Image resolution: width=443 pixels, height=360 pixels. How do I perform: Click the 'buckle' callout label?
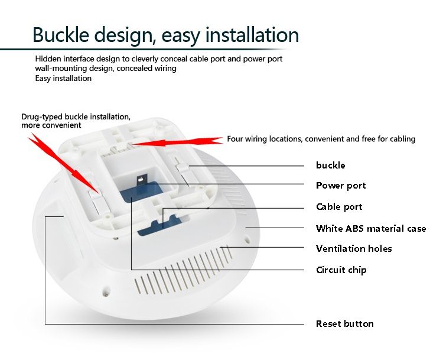[x=330, y=165]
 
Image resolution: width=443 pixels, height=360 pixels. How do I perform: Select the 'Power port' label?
[x=341, y=186]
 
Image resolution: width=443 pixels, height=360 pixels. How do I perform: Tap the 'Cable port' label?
[x=339, y=207]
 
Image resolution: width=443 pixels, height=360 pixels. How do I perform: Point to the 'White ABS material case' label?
[x=371, y=228]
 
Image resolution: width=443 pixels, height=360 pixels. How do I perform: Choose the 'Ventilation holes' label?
[x=354, y=249]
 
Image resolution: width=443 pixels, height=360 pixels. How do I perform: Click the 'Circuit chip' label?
[x=341, y=270]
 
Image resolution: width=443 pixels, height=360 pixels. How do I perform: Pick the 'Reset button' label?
[x=345, y=323]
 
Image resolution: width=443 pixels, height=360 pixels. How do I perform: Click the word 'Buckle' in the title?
[x=61, y=34]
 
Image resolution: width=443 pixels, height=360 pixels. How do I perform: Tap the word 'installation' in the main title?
[x=252, y=34]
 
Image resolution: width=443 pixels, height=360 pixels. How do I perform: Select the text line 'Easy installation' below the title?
[x=63, y=79]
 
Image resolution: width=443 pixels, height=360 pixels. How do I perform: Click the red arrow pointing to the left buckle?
[x=63, y=164]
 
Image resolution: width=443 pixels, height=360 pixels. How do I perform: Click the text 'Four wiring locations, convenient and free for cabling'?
[x=321, y=139]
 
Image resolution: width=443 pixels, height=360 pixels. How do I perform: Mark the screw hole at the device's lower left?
[x=106, y=291]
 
